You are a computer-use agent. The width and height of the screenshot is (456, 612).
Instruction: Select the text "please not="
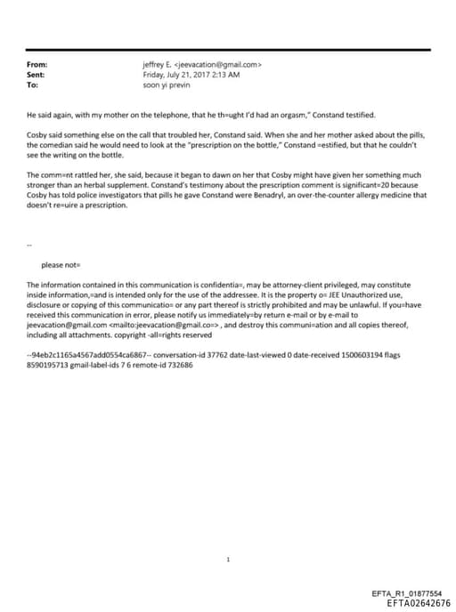click(61, 265)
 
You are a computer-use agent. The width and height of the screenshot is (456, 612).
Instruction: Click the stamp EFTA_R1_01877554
click(406, 593)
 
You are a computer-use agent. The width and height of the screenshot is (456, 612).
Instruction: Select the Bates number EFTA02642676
click(412, 602)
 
